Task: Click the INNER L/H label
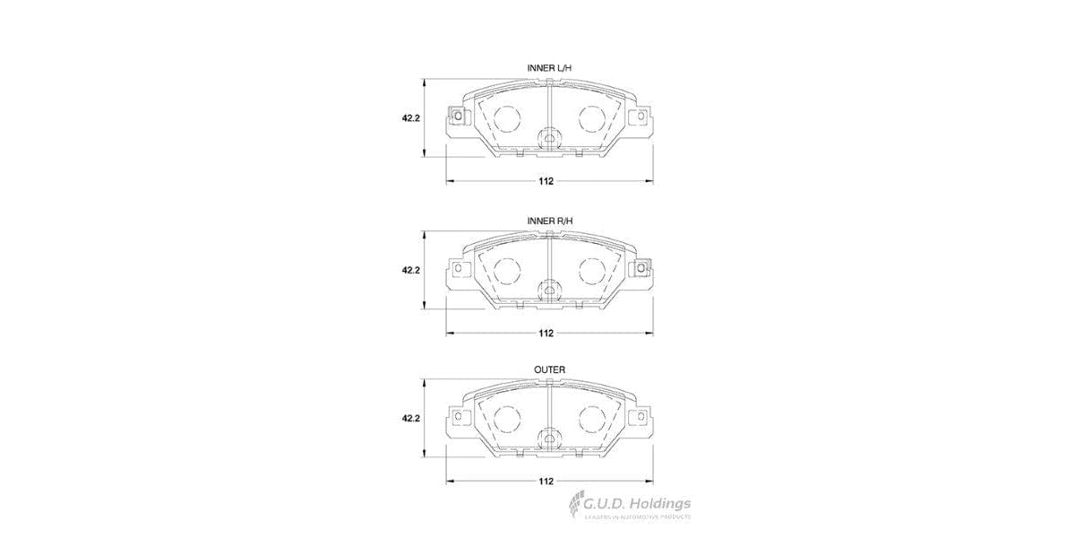[549, 69]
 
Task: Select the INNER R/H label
[549, 220]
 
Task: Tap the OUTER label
[549, 369]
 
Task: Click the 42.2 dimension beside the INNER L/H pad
[411, 117]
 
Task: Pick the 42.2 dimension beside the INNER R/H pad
[411, 268]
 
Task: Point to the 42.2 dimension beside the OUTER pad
[411, 418]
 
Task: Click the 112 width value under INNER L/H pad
[546, 181]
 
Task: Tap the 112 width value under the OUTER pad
[546, 482]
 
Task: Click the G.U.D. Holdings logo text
[638, 504]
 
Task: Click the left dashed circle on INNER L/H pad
[507, 118]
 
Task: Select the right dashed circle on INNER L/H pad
[591, 118]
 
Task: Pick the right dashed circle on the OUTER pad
[591, 419]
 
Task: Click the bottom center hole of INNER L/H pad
[549, 139]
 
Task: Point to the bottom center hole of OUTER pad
[549, 439]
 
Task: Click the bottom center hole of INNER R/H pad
[549, 290]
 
